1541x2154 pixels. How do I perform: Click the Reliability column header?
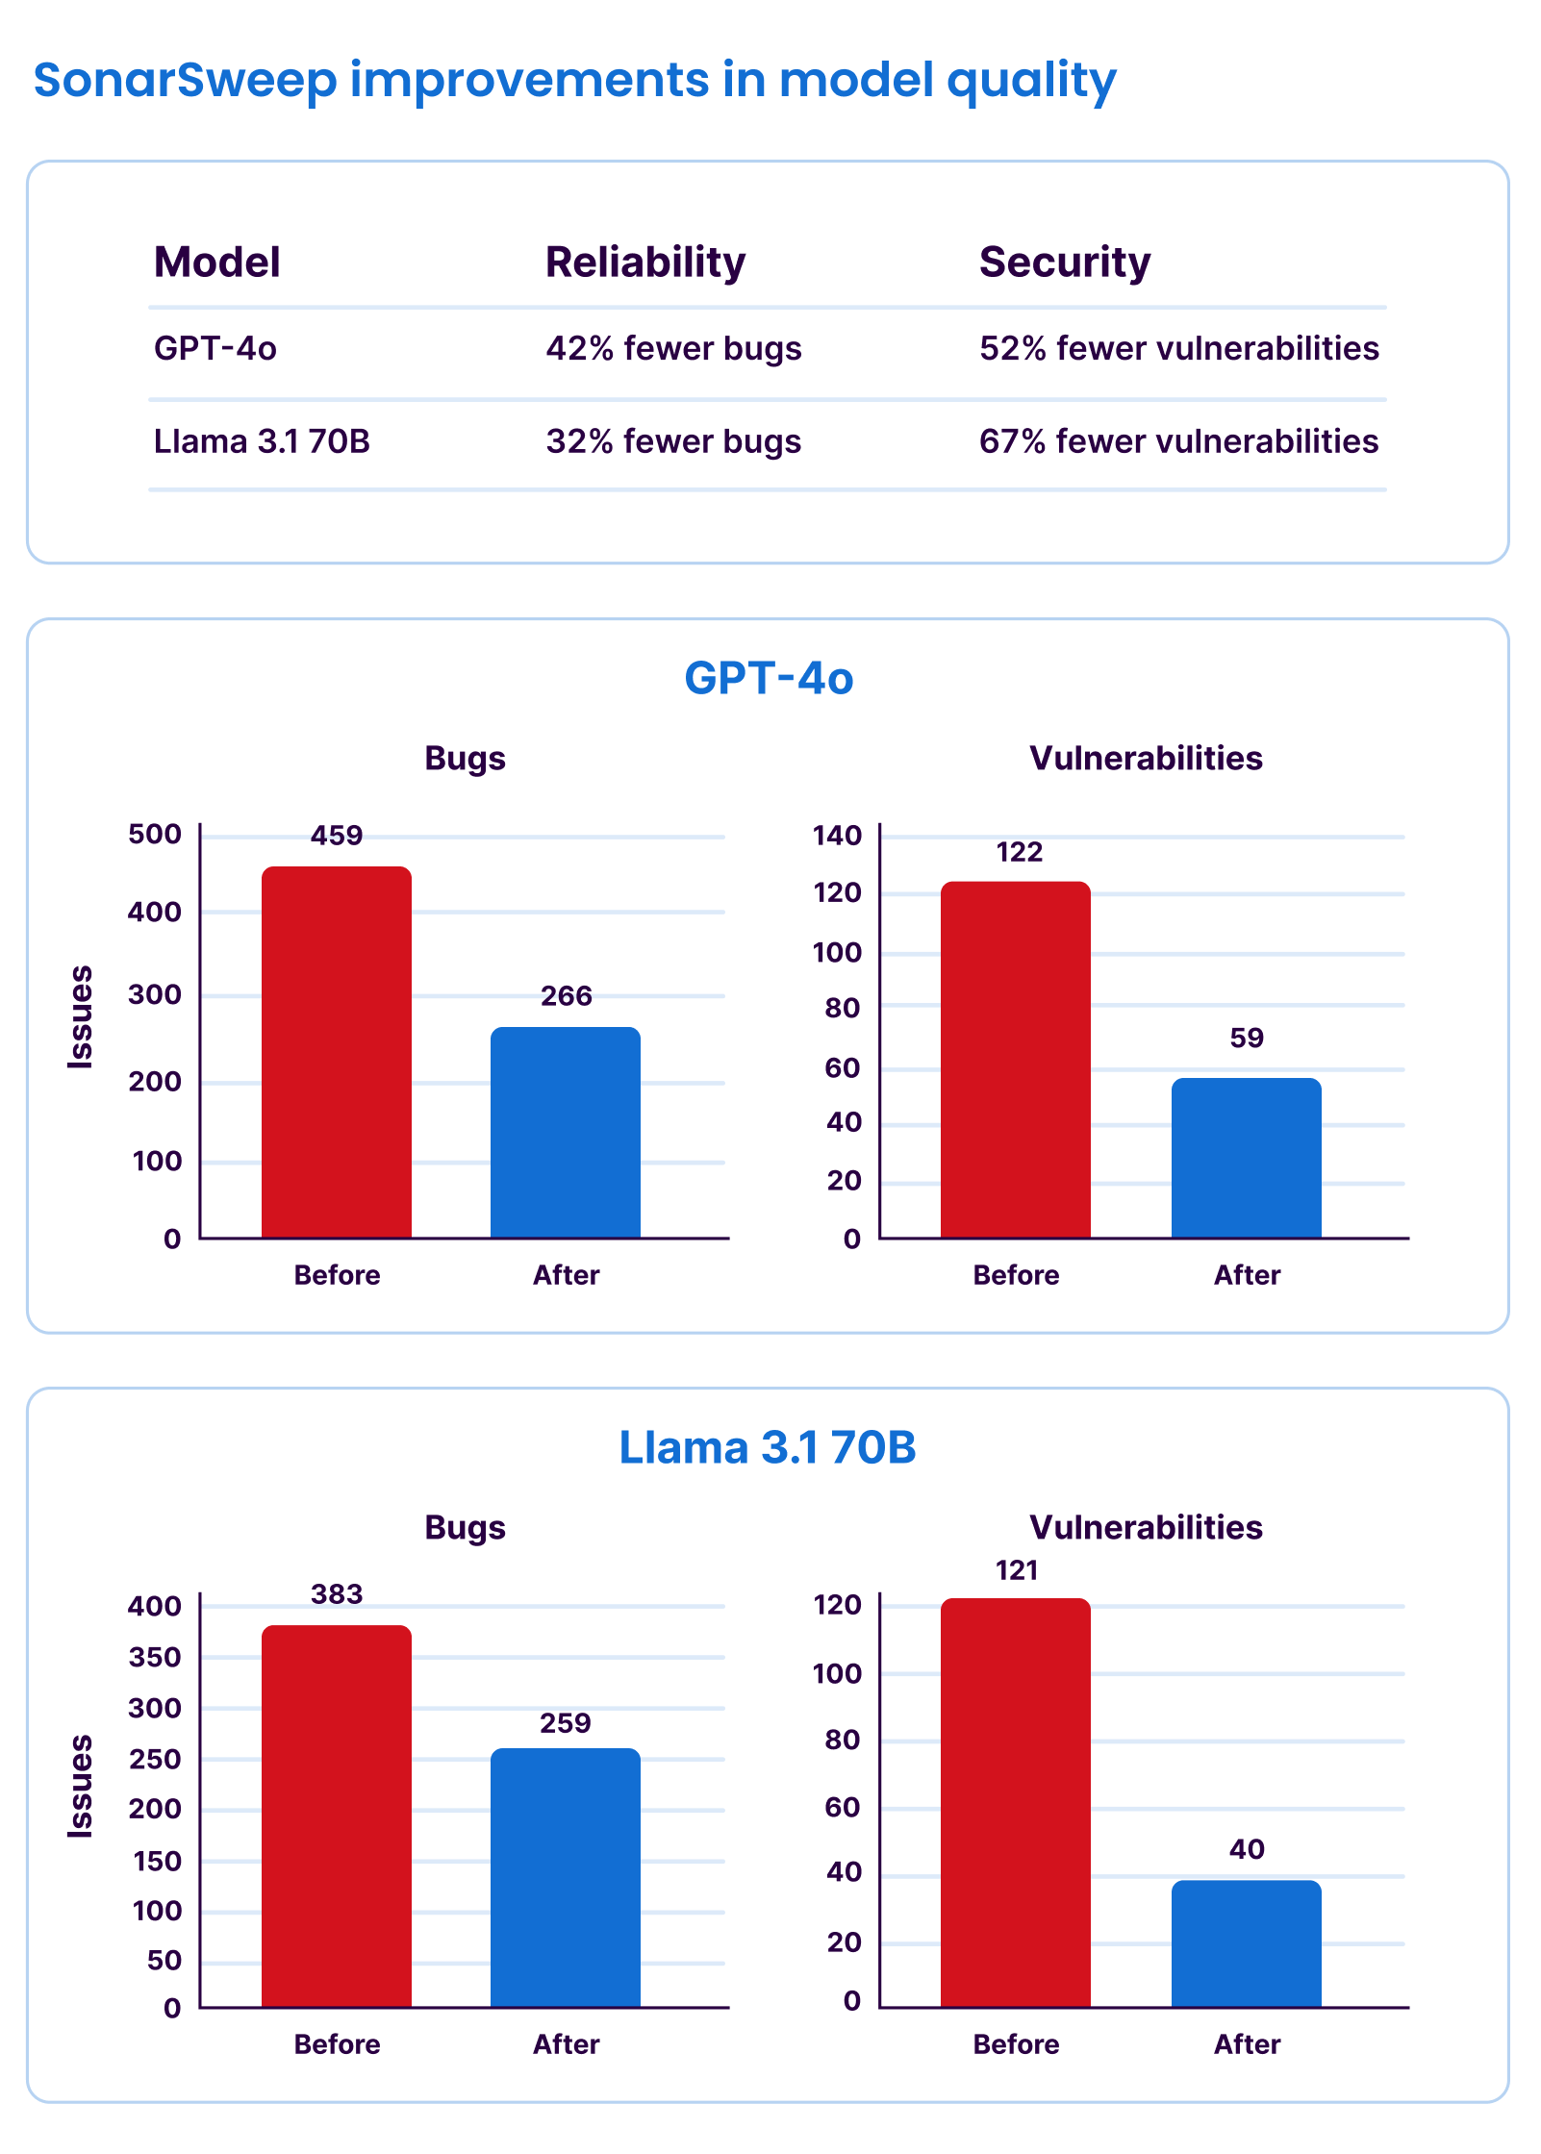[645, 262]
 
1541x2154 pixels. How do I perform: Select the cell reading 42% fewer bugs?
[673, 348]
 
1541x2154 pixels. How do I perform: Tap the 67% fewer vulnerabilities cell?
[1178, 441]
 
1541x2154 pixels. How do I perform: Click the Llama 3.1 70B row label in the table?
[262, 441]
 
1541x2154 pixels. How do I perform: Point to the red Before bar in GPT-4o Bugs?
[337, 1052]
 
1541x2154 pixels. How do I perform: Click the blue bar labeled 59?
[1246, 1158]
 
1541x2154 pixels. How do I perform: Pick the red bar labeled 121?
[1016, 1802]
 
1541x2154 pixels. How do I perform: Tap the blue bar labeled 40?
[1246, 1943]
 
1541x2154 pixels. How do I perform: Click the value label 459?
[337, 836]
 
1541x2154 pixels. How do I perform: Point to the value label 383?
[337, 1594]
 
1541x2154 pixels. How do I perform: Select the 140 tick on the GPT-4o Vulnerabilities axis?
[837, 836]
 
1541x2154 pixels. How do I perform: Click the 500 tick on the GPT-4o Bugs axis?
[155, 835]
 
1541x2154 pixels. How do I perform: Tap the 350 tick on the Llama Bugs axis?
[155, 1657]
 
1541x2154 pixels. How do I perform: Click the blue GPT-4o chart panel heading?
[769, 678]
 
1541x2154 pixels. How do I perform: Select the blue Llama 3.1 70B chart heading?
[768, 1447]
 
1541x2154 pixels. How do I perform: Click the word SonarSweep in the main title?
[186, 80]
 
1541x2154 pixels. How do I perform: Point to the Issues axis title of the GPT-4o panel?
[81, 1017]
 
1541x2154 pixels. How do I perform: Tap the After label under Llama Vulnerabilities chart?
[1247, 2043]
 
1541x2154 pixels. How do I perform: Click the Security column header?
[1064, 262]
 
